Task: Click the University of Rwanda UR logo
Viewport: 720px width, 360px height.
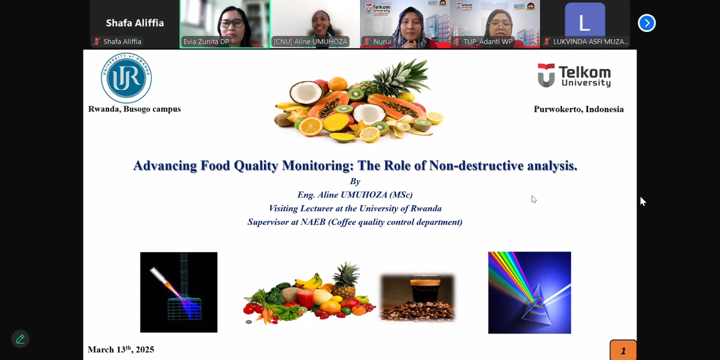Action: click(x=126, y=78)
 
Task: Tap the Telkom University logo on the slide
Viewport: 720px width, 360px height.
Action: click(x=574, y=76)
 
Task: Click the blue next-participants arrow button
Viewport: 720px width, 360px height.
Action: click(x=647, y=23)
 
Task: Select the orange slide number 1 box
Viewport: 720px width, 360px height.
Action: click(x=623, y=350)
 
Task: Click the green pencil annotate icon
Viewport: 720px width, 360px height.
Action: click(x=20, y=339)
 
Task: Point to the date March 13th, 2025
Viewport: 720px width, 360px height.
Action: click(x=121, y=349)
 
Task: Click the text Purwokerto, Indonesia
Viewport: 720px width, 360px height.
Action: click(x=578, y=109)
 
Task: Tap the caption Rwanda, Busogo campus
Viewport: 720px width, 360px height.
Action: click(x=134, y=109)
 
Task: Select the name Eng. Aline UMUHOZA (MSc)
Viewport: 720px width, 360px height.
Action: click(x=355, y=195)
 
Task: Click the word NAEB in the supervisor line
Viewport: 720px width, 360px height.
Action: click(x=313, y=222)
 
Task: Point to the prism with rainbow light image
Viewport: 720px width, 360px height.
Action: click(x=529, y=293)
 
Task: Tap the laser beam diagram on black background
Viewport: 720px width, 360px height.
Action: click(x=179, y=292)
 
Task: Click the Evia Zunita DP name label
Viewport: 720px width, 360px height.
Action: click(x=206, y=42)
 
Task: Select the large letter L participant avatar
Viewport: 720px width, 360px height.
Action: click(x=584, y=19)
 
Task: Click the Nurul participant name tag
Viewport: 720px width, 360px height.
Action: click(x=382, y=41)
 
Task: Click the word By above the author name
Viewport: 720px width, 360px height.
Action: click(x=355, y=182)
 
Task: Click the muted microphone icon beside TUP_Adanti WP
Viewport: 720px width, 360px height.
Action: click(x=457, y=42)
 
